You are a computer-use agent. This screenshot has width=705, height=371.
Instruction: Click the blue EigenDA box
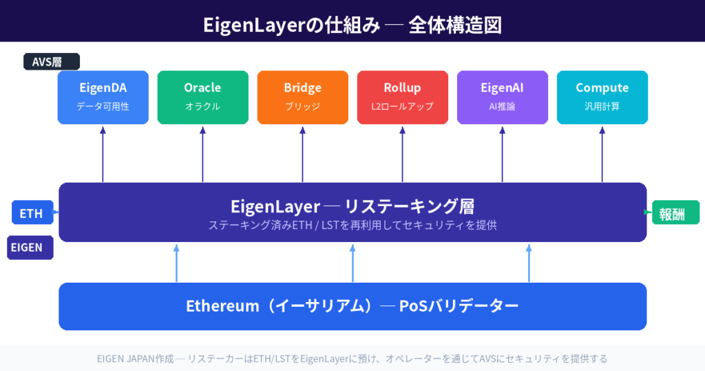103,97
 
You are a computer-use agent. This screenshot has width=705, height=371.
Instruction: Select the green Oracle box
202,97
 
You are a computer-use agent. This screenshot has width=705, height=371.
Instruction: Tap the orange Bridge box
302,97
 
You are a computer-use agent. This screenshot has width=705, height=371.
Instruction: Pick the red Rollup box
402,97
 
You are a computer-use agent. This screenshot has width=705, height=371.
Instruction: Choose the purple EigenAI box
502,97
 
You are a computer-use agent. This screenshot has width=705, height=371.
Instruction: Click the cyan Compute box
602,97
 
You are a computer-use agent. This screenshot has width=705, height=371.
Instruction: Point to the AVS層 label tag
52,62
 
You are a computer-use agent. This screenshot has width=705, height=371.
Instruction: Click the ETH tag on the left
32,213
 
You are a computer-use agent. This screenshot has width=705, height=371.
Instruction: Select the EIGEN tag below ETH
30,248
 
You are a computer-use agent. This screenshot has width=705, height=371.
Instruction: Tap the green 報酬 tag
675,213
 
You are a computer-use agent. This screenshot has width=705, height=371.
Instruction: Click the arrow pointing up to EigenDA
103,154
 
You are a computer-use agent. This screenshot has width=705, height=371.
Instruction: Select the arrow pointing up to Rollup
402,154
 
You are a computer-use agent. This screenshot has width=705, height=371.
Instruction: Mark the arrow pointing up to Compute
602,154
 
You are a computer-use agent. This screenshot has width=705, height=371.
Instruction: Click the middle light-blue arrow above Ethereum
352,263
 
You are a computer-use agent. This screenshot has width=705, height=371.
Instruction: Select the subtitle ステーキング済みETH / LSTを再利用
303,225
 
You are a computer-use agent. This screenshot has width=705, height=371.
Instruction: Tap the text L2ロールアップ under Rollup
402,107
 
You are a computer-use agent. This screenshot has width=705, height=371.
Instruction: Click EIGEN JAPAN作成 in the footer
135,359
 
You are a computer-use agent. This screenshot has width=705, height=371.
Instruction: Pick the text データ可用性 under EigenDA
103,107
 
